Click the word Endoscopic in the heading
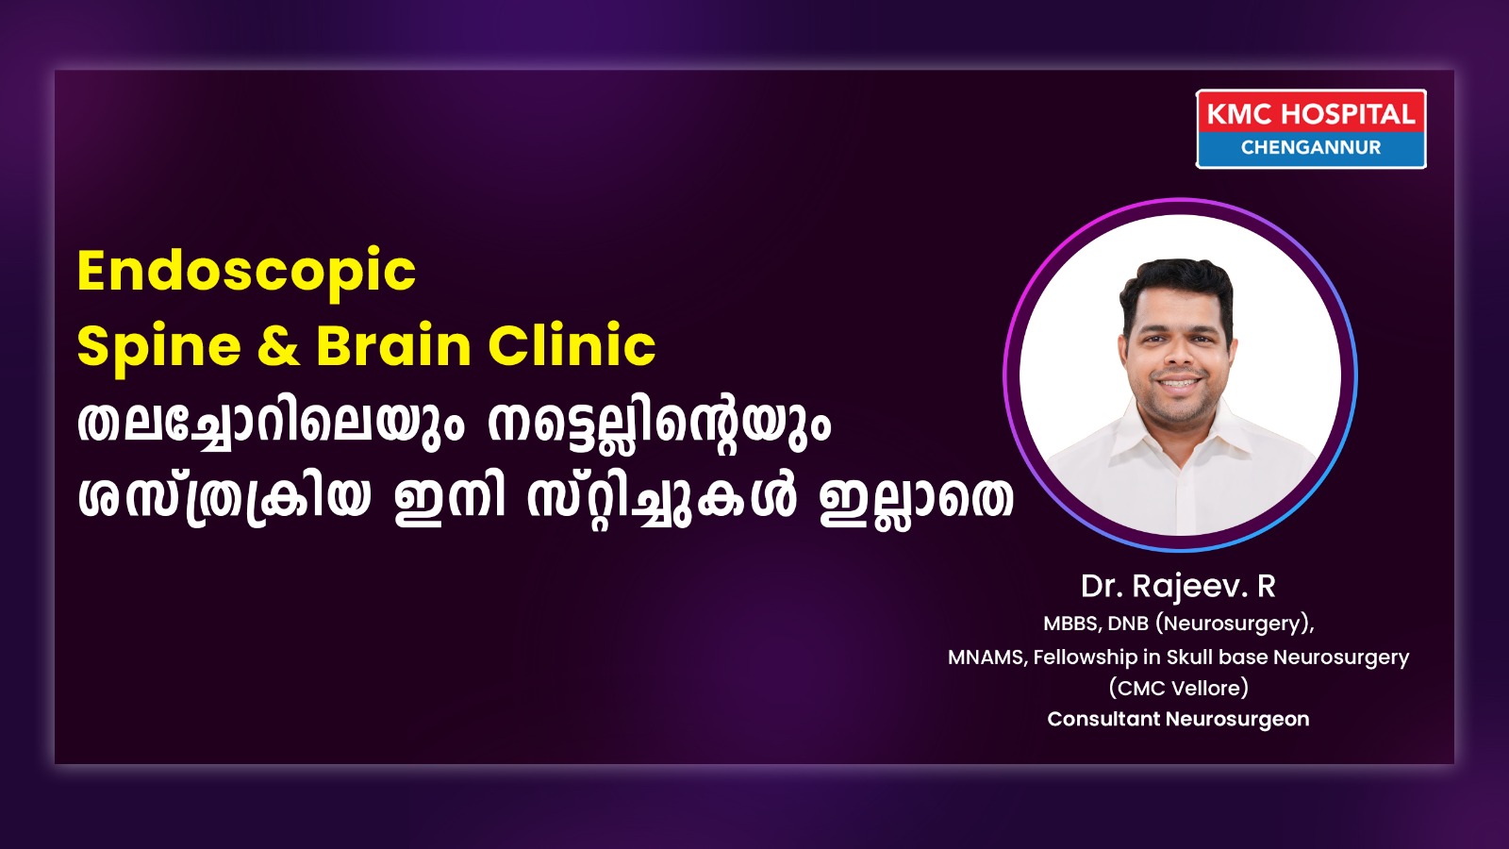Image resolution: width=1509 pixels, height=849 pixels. [x=246, y=271]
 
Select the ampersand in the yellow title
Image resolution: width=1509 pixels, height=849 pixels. [x=278, y=346]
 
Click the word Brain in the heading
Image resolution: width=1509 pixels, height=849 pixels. [x=393, y=346]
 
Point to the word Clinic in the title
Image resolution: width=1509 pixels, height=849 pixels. [x=572, y=345]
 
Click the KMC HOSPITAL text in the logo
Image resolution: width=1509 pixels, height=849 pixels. [x=1311, y=114]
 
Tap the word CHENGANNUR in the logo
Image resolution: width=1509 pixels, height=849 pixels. [x=1311, y=147]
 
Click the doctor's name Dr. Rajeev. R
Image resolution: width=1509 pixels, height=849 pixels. [x=1178, y=586]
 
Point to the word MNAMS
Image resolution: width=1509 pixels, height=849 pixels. [x=987, y=657]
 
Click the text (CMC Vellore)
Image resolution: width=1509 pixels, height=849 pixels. [x=1178, y=688]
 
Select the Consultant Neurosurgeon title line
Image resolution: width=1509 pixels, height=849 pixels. [x=1178, y=719]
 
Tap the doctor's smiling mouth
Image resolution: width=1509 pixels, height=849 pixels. [x=1176, y=383]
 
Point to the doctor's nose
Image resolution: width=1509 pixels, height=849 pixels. [x=1178, y=355]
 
